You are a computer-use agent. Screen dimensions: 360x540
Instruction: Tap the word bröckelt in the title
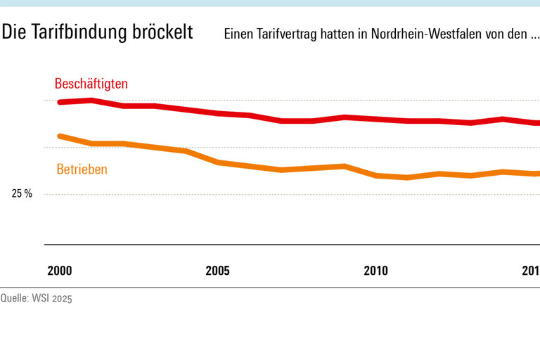tap(162, 33)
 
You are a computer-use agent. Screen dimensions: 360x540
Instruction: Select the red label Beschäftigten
tap(91, 84)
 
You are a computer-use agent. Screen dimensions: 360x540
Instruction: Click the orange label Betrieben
tap(82, 169)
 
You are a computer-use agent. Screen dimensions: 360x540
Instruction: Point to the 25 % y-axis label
tap(22, 194)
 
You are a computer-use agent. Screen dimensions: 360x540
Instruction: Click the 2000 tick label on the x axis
tap(60, 271)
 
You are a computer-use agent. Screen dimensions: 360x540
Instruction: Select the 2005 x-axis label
tap(217, 271)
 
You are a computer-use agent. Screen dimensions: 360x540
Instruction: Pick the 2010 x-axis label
tap(376, 271)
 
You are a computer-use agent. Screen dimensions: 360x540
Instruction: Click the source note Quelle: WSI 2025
tap(37, 298)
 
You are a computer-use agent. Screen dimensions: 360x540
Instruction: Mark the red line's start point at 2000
tap(60, 102)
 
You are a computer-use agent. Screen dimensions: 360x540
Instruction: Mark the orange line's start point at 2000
tap(60, 136)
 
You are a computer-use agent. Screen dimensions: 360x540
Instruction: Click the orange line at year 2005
tap(218, 162)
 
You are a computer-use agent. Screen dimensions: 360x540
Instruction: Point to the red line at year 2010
tap(376, 119)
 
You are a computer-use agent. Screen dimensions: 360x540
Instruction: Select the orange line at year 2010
tap(376, 175)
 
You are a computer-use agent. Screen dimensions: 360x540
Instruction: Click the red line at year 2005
tap(218, 113)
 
